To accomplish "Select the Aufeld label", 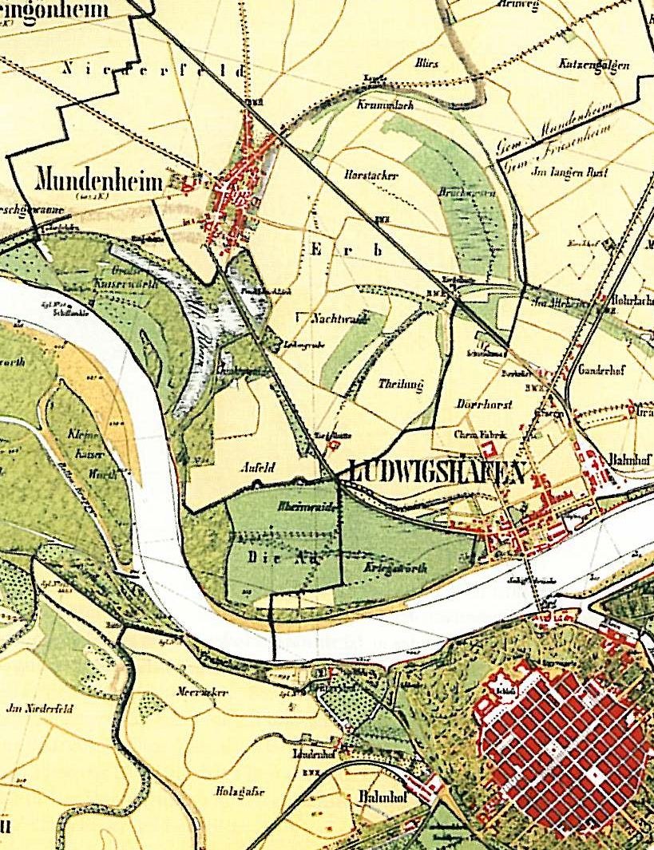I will [x=258, y=469].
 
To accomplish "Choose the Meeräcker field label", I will [x=203, y=693].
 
